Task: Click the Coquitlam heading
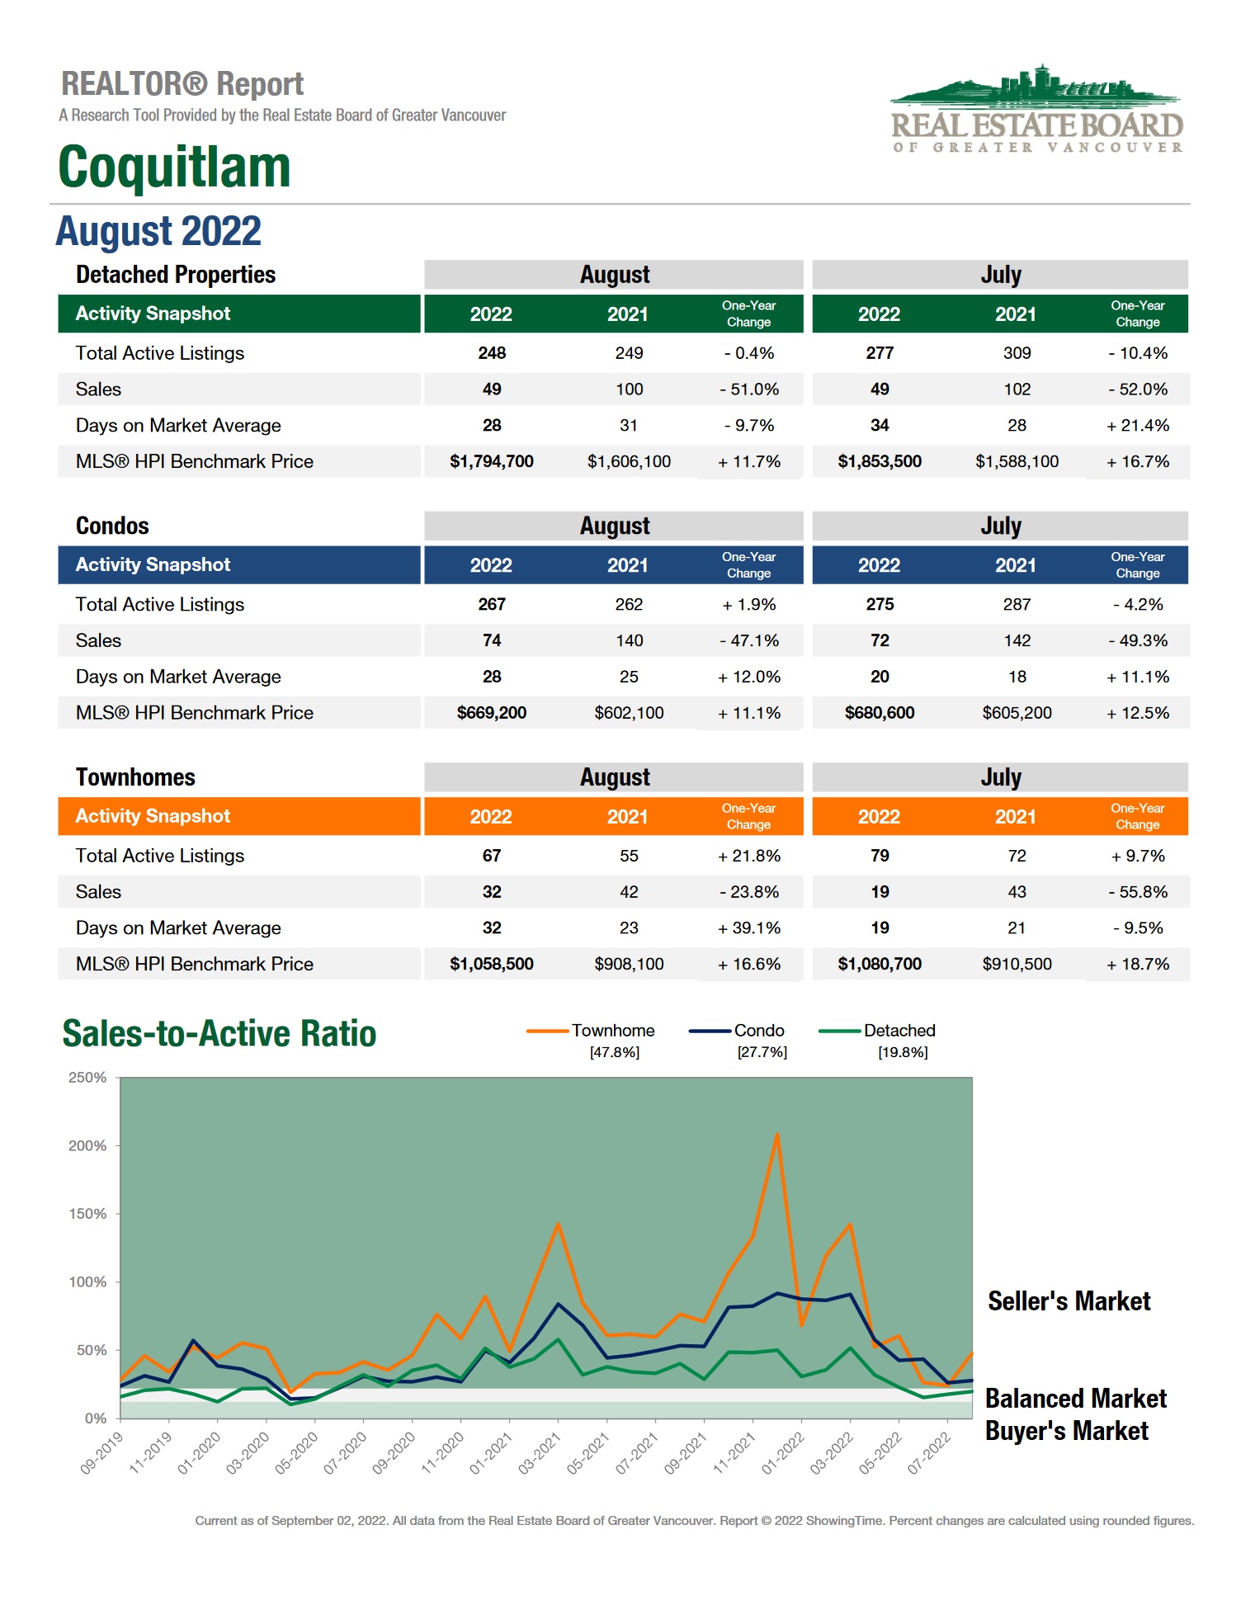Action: coord(174,167)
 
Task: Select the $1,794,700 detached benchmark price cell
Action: coord(491,461)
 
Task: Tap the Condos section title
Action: coord(112,526)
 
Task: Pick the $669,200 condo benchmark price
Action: coord(491,713)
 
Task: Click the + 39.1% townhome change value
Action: coord(748,928)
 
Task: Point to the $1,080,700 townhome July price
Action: coord(879,964)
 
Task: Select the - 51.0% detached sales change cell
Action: coord(748,389)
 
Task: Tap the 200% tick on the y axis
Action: coord(87,1145)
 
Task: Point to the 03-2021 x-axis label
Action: coord(540,1453)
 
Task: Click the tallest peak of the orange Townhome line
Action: coord(776,1135)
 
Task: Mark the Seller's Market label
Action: coord(1069,1301)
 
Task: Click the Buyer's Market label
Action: coord(1066,1431)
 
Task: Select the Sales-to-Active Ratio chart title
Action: coord(219,1033)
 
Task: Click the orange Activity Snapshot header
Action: coord(153,816)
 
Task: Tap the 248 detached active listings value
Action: coord(491,353)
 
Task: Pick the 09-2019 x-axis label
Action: coord(101,1453)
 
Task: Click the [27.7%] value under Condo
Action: coord(762,1052)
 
